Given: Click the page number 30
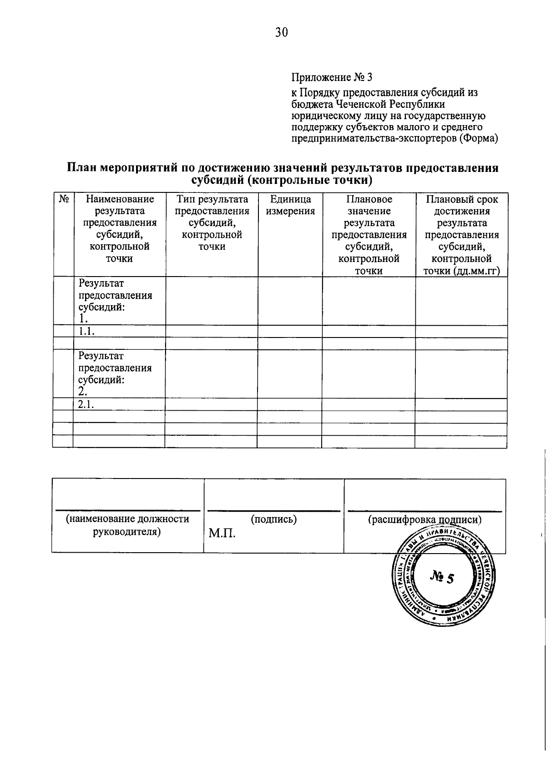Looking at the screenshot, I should point(281,33).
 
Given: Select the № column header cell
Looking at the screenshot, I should point(64,199).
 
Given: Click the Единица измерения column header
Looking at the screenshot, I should point(290,205).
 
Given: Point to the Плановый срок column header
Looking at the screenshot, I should point(461,199).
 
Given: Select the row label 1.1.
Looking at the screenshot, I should point(86,332).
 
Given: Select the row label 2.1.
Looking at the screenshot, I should point(86,404).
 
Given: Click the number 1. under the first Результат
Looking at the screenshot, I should point(82,319).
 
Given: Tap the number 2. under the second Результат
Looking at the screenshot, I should point(82,392).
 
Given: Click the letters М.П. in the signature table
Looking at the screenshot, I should point(222,533).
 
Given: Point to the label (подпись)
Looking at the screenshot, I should point(273,519).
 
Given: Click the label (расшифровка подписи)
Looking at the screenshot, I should point(424,519).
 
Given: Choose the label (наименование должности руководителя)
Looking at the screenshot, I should point(127,525).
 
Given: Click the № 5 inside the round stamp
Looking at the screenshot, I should point(441,578).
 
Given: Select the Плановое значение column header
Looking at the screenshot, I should point(369,205).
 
